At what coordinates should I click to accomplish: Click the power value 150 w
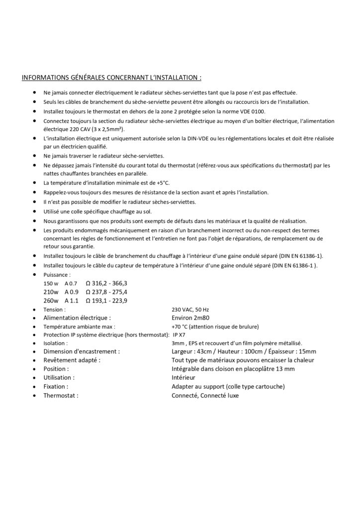point(51,283)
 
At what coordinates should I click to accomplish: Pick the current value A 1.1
point(72,301)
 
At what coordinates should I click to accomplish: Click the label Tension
point(54,309)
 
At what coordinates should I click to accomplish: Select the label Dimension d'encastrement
point(82,351)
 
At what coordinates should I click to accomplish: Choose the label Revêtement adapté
point(72,360)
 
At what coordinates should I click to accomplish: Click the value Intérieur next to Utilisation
point(184,378)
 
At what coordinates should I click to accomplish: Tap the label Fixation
point(56,386)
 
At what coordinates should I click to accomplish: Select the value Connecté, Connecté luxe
point(205,395)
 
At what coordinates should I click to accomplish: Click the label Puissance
point(57,274)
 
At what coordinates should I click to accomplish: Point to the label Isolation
point(55,343)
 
